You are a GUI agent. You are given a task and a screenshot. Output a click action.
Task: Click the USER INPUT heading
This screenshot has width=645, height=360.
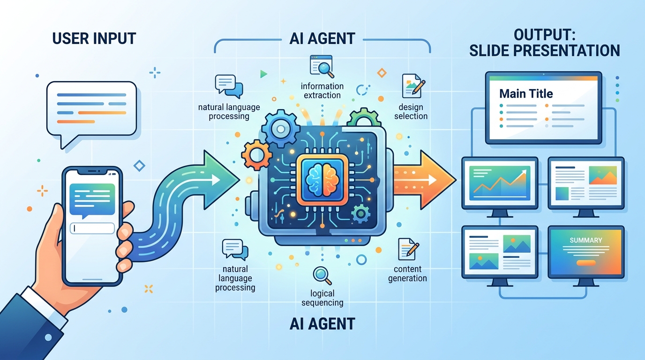pyautogui.click(x=94, y=38)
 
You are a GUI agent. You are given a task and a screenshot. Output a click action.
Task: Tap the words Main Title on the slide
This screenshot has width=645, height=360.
pyautogui.click(x=526, y=94)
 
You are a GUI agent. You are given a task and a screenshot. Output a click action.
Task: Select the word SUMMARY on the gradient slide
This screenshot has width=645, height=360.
pyautogui.click(x=585, y=240)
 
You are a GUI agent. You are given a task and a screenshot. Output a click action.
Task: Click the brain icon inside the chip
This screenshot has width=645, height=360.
pyautogui.click(x=322, y=179)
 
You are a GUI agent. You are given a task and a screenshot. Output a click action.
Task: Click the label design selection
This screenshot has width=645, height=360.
pyautogui.click(x=411, y=111)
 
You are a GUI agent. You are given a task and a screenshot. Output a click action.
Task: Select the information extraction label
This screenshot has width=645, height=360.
pyautogui.click(x=322, y=90)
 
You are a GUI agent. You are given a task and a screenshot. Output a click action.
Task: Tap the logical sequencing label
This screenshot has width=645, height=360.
pyautogui.click(x=322, y=298)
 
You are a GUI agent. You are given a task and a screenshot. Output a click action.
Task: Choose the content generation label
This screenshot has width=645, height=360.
pyautogui.click(x=410, y=273)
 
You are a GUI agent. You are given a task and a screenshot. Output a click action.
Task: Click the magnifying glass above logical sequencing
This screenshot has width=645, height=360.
pyautogui.click(x=322, y=275)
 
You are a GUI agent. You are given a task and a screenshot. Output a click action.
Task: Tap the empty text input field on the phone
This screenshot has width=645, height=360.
pyautogui.click(x=92, y=228)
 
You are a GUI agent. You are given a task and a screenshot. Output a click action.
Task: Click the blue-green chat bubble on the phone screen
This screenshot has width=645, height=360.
pyautogui.click(x=92, y=200)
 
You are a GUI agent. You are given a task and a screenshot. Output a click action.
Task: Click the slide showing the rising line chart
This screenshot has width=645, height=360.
pyautogui.click(x=499, y=182)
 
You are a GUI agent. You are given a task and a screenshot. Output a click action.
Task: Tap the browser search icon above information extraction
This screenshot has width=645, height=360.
pyautogui.click(x=322, y=66)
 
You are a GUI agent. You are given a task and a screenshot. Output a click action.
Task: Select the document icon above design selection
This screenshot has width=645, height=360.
pyautogui.click(x=412, y=86)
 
